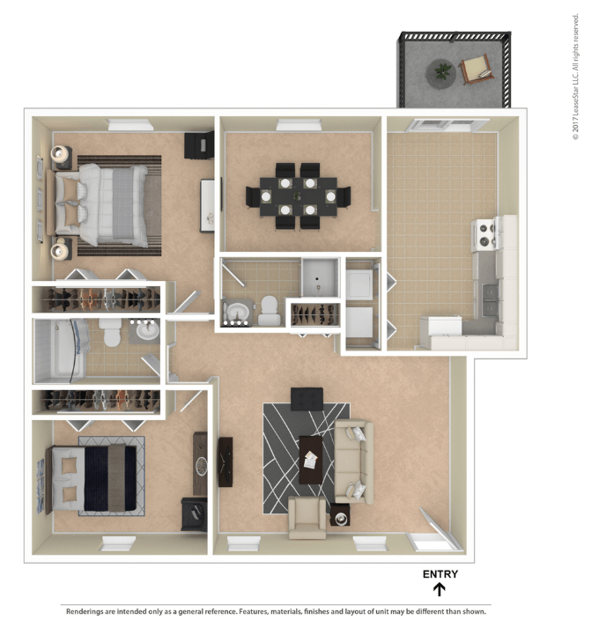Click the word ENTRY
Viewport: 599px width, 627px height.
tap(440, 574)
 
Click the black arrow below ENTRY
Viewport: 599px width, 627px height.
tap(440, 589)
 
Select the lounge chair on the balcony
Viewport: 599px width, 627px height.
tap(476, 69)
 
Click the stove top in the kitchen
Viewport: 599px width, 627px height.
tap(485, 235)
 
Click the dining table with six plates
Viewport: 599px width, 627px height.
tap(298, 196)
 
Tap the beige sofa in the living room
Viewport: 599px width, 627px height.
tap(354, 461)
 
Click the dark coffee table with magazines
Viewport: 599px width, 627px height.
tap(311, 460)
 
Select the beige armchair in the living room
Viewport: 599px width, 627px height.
tap(307, 518)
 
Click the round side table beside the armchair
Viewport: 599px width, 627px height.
tap(340, 516)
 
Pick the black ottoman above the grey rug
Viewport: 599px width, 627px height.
tap(307, 399)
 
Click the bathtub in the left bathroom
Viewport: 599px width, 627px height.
tap(60, 349)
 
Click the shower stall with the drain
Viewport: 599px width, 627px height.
tap(320, 277)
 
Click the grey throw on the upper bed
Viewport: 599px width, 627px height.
tap(122, 203)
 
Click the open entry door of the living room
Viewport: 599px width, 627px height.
tap(438, 527)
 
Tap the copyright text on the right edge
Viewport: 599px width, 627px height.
tap(575, 77)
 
